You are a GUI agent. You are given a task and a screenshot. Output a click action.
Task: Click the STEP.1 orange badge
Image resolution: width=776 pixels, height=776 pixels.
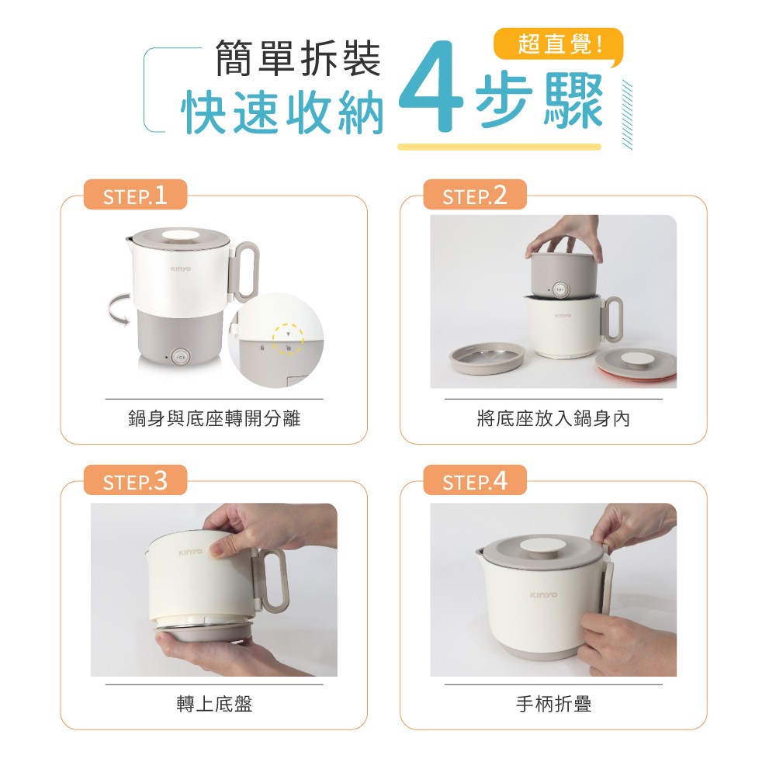[x=136, y=196]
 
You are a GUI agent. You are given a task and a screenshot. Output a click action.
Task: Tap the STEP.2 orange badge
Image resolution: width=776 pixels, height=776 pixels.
[x=474, y=196]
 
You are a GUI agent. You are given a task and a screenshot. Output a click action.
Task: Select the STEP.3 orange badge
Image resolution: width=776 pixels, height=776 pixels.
[x=136, y=481]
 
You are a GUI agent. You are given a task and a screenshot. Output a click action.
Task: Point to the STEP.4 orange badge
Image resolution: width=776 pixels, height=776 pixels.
[x=474, y=481]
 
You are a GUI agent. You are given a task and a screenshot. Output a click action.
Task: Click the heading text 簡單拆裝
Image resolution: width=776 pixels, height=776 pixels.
[x=298, y=60]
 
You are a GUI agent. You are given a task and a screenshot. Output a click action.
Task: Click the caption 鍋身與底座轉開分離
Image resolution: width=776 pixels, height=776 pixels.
[x=214, y=420]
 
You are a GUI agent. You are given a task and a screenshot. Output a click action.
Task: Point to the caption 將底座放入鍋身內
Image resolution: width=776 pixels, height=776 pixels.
[x=553, y=420]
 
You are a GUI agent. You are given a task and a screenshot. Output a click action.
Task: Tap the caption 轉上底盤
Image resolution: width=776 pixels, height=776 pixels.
[x=214, y=705]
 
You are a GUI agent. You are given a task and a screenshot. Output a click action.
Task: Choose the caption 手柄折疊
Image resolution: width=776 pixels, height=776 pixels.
[x=553, y=705]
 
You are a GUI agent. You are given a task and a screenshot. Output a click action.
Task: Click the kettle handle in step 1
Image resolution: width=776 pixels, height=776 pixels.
[x=246, y=271]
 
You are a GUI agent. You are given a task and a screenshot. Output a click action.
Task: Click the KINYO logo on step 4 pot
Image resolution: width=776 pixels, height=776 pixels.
[x=543, y=595]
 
